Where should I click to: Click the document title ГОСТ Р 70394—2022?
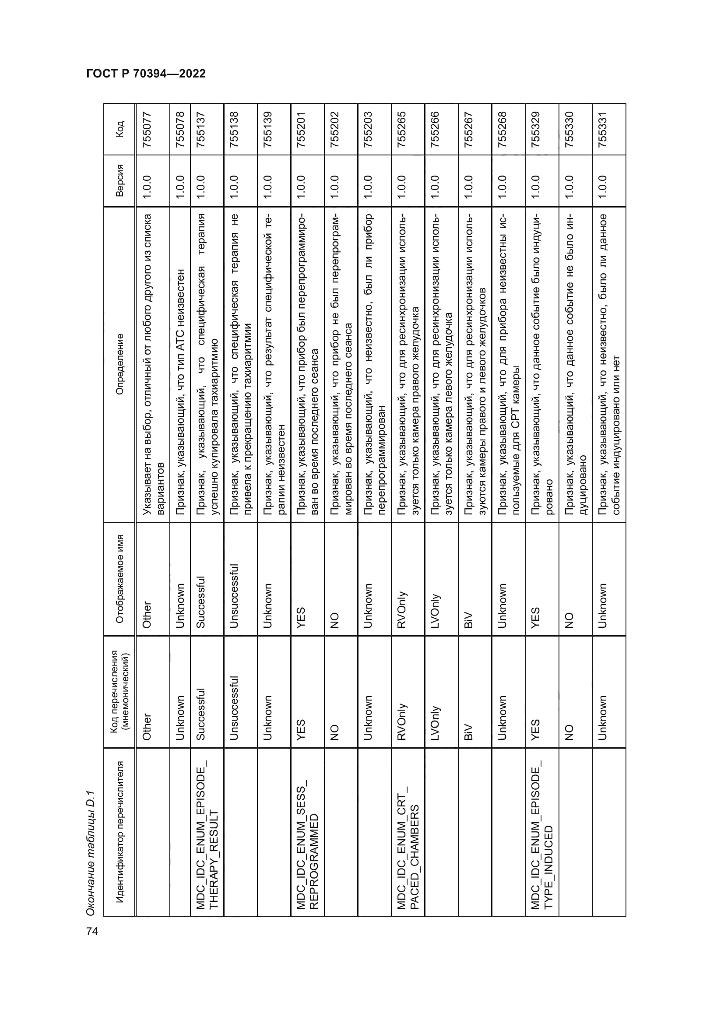[x=146, y=74]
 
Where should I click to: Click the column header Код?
[x=119, y=129]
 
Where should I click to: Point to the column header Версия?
[x=119, y=181]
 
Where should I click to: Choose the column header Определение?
[x=119, y=364]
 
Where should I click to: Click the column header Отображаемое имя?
[x=119, y=578]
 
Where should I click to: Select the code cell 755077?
[x=147, y=129]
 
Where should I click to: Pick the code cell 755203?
[x=368, y=129]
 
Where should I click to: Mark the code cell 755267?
[x=469, y=129]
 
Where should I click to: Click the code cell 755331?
[x=603, y=129]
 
